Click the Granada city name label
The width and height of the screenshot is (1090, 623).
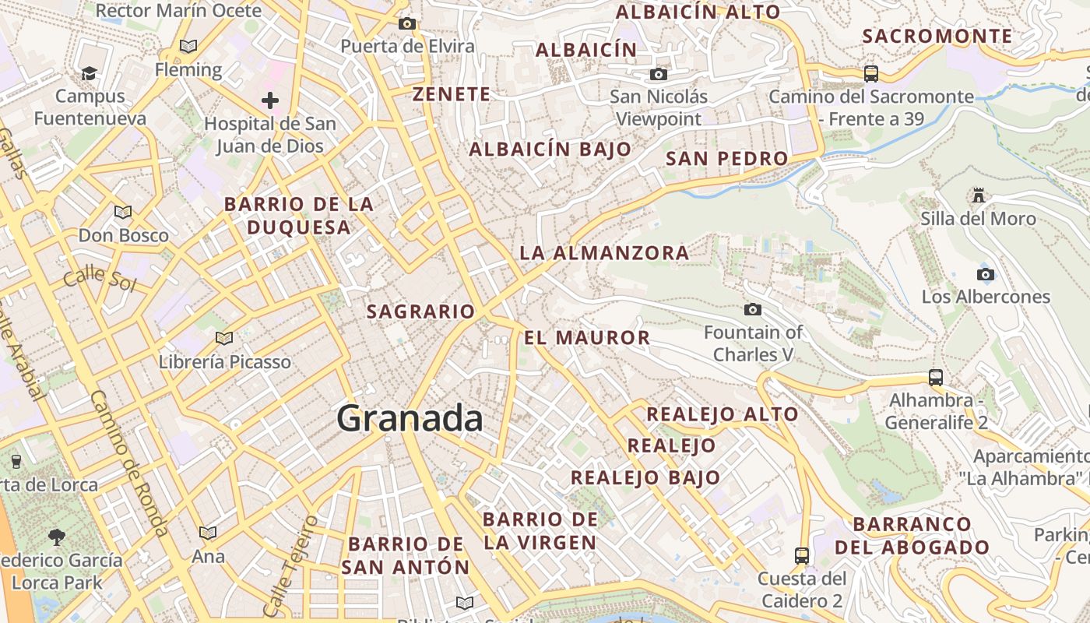tap(410, 419)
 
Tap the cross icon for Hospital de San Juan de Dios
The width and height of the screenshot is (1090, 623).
tap(270, 100)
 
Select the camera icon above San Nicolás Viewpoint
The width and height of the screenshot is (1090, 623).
tap(659, 74)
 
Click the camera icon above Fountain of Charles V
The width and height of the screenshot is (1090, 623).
tap(752, 309)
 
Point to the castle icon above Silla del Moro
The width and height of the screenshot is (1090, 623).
tap(979, 195)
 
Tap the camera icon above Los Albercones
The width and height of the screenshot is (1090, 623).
tap(986, 274)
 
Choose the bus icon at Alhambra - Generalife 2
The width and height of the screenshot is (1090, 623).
tap(936, 378)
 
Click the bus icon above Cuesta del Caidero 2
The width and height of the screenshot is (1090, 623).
tap(802, 555)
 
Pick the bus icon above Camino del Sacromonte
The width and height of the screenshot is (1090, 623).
tap(871, 74)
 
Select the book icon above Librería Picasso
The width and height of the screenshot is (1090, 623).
tap(224, 338)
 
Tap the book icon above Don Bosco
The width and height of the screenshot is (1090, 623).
tap(123, 212)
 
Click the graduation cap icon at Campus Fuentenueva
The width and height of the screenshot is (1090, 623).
tap(89, 74)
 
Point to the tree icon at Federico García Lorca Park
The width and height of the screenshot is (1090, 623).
tap(56, 537)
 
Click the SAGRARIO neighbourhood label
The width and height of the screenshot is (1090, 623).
tap(420, 311)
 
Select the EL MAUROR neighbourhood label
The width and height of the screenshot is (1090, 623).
tap(587, 337)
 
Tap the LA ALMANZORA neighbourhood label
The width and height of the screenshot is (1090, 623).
tap(604, 252)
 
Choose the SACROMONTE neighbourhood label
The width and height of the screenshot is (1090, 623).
tap(937, 36)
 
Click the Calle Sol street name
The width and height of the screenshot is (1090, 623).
tap(100, 278)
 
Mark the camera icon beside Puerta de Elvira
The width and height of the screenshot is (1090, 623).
tap(407, 24)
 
